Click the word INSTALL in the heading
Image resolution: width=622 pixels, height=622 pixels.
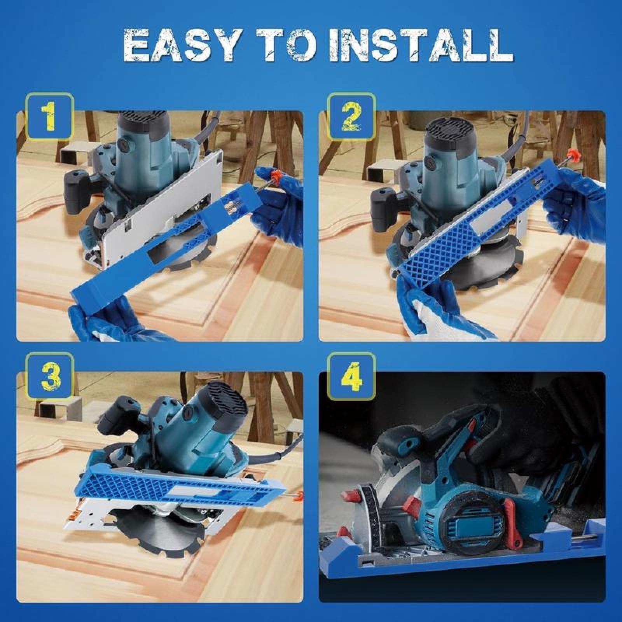[x=420, y=47]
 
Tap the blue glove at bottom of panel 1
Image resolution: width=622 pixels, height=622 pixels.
[x=105, y=323]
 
